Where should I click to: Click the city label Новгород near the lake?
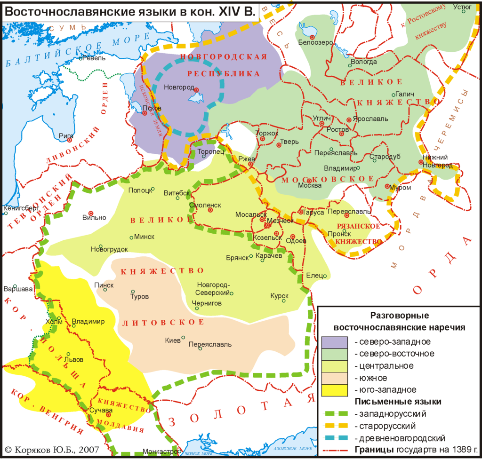click(179, 87)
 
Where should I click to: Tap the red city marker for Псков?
click(145, 113)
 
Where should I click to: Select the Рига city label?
click(66, 135)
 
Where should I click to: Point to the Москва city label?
click(310, 185)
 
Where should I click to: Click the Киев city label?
click(173, 340)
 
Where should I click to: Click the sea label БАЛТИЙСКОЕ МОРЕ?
click(71, 51)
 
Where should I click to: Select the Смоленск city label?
click(205, 205)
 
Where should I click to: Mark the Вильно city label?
click(94, 217)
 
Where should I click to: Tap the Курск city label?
click(279, 296)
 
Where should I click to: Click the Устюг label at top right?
click(462, 7)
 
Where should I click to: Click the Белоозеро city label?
click(315, 42)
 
